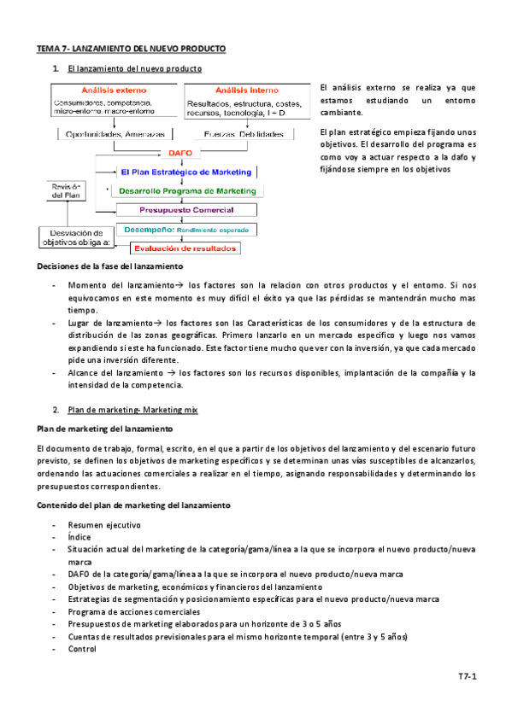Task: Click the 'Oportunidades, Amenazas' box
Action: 112,134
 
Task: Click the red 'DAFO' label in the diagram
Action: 179,153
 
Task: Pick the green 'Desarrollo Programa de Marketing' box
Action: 188,190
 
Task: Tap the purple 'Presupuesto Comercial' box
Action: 186,209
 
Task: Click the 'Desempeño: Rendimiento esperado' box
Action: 185,229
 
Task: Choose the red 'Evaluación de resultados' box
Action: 185,248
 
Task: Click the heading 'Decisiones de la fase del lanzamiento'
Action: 115,267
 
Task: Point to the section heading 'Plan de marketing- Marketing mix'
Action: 132,411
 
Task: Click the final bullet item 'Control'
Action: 83,648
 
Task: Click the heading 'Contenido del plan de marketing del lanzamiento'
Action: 133,505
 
